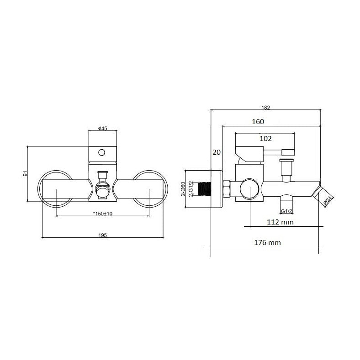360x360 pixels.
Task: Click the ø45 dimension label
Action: [x=102, y=128]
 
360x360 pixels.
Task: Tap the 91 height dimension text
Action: [x=25, y=174]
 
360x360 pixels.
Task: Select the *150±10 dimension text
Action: [x=103, y=214]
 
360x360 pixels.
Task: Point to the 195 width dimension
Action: [x=102, y=235]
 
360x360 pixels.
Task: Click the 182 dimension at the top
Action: [x=266, y=107]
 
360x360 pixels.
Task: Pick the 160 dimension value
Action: [x=258, y=122]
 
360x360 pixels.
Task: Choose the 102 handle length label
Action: [x=265, y=138]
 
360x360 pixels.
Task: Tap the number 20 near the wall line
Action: [x=217, y=152]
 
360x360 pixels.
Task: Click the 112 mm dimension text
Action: [x=280, y=222]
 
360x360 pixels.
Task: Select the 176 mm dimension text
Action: [x=267, y=243]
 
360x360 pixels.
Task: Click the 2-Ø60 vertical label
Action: [x=183, y=189]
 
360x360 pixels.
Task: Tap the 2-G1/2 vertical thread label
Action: [x=191, y=189]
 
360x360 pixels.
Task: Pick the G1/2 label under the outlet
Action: [x=286, y=211]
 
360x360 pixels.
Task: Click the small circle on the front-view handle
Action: [x=101, y=152]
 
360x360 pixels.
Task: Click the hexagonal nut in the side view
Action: [x=227, y=189]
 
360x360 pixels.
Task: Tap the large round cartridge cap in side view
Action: [x=249, y=189]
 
